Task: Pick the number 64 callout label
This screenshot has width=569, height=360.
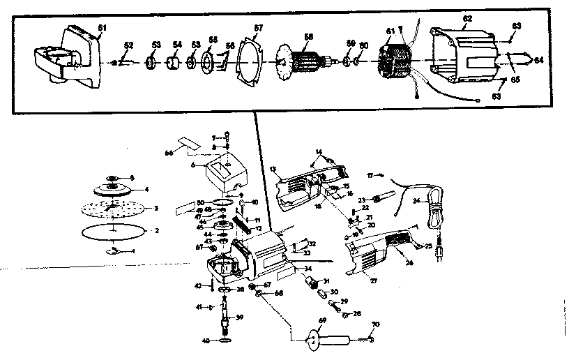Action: tap(538, 61)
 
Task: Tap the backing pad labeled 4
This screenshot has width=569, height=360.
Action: tap(112, 189)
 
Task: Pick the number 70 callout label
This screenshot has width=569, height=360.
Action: tap(375, 324)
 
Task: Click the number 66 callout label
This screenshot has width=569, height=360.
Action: tap(168, 152)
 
